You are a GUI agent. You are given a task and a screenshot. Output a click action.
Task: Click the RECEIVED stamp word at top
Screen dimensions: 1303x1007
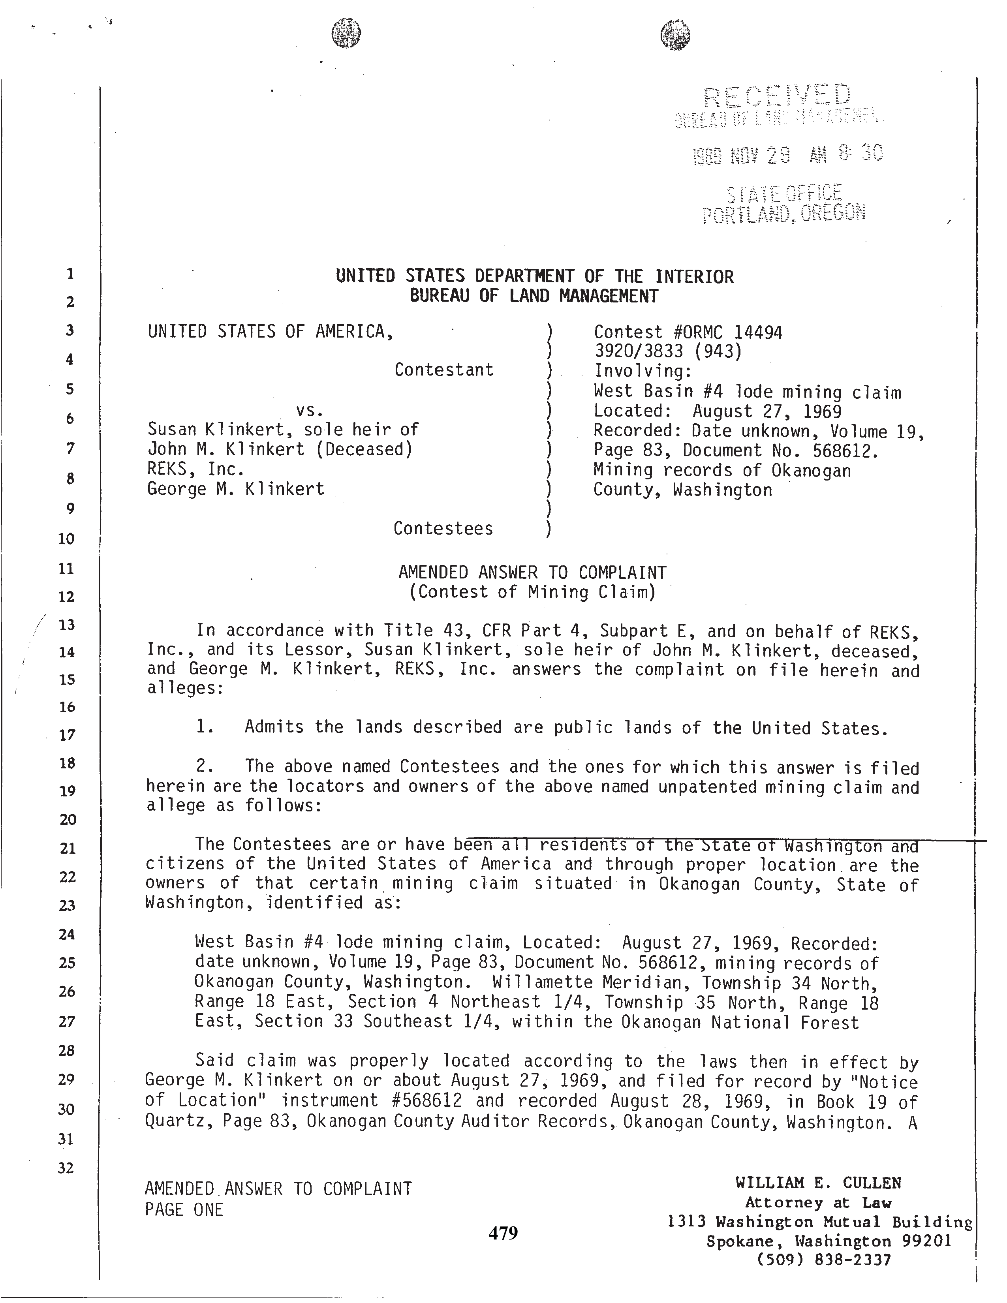coord(777,96)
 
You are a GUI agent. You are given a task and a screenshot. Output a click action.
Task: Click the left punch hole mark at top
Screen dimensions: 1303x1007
coord(346,32)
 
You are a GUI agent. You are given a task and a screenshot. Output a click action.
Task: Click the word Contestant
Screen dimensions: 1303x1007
coord(444,370)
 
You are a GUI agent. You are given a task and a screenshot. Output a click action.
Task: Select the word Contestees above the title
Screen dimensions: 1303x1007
coord(443,529)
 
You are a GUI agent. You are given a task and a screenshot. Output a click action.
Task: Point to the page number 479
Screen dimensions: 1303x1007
coord(503,1233)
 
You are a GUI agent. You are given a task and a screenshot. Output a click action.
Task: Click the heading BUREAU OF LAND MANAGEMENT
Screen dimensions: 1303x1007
coord(534,296)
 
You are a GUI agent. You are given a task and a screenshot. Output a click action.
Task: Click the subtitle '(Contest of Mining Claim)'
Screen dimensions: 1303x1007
coord(532,592)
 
